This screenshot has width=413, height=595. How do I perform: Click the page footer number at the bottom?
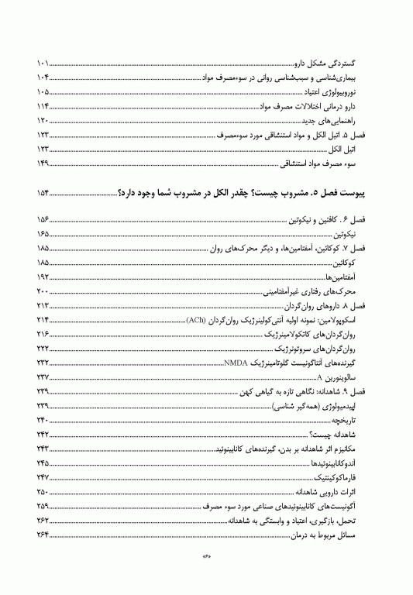[x=206, y=576]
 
